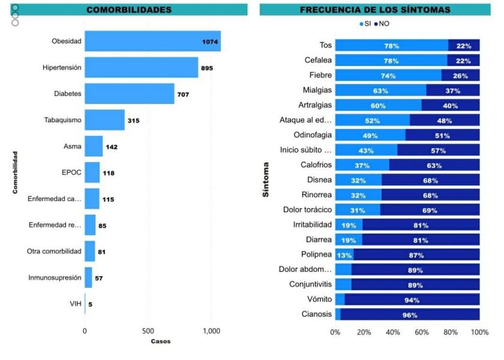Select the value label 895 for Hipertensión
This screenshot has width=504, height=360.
click(x=206, y=68)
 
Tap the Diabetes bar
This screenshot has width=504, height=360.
click(x=129, y=94)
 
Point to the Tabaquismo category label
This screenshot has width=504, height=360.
click(x=62, y=120)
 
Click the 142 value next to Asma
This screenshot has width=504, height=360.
click(x=112, y=146)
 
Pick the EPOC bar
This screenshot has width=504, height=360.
click(x=92, y=173)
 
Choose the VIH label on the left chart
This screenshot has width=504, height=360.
click(x=75, y=304)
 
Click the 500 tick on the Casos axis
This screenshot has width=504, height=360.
click(x=148, y=331)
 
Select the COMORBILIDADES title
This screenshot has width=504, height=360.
click(x=129, y=10)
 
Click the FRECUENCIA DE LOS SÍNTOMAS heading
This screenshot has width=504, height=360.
click(x=375, y=10)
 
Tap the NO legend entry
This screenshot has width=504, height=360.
click(x=381, y=24)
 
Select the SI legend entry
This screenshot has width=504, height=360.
click(x=365, y=24)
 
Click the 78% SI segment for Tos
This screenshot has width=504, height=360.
click(x=391, y=46)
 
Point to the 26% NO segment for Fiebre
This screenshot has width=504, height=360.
click(x=460, y=76)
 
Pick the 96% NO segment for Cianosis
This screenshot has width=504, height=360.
click(x=410, y=314)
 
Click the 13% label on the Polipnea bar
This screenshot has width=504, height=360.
click(x=344, y=254)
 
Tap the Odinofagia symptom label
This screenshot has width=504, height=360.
click(x=313, y=135)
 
